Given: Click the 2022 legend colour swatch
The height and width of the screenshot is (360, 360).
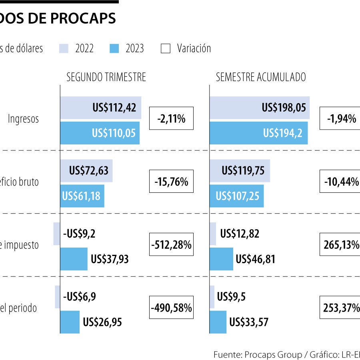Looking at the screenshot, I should pyautogui.click(x=64, y=48).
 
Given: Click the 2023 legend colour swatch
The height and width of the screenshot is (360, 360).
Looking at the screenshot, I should pyautogui.click(x=114, y=48).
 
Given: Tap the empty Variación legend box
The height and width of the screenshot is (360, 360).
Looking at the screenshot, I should pyautogui.click(x=165, y=48).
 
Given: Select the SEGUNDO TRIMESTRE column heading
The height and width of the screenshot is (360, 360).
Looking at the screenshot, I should pyautogui.click(x=106, y=77).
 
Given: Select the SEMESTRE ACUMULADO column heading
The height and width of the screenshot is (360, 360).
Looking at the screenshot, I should pyautogui.click(x=261, y=77).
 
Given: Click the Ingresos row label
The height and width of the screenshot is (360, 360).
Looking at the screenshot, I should pyautogui.click(x=24, y=119).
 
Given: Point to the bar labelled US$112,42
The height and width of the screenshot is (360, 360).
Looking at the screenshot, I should pyautogui.click(x=100, y=108).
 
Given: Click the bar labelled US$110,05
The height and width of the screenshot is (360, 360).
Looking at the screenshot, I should pyautogui.click(x=100, y=133).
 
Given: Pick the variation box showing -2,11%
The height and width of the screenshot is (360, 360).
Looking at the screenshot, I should pyautogui.click(x=171, y=118).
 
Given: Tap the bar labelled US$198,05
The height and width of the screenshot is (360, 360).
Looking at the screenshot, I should pyautogui.click(x=259, y=108).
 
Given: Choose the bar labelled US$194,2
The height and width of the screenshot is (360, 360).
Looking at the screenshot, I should pyautogui.click(x=258, y=133).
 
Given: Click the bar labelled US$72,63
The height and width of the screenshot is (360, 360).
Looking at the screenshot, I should pyautogui.click(x=86, y=171).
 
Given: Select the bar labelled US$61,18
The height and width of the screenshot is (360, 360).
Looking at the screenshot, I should pyautogui.click(x=82, y=196).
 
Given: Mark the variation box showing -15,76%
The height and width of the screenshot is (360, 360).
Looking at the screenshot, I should pyautogui.click(x=171, y=182).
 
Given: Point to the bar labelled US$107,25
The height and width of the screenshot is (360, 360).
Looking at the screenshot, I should pyautogui.click(x=236, y=196).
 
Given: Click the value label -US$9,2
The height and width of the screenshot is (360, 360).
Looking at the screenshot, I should pyautogui.click(x=79, y=234).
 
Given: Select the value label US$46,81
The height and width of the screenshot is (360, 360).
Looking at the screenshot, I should pyautogui.click(x=255, y=259).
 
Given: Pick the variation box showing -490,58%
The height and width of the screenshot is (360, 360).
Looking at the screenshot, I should pyautogui.click(x=171, y=308).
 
